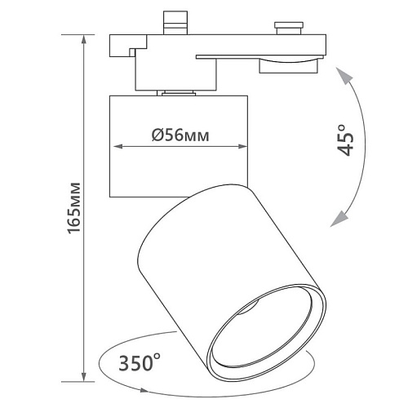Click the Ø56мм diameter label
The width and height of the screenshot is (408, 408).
(x=180, y=135)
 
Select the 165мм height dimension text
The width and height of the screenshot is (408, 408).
(x=74, y=208)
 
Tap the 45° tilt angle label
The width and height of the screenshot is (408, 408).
(x=346, y=140)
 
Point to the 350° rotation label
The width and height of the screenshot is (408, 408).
(x=140, y=362)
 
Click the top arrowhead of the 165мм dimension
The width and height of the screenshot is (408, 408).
(x=84, y=40)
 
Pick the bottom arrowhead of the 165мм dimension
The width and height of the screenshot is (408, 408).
(x=84, y=376)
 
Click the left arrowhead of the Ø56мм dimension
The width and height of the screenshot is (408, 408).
(x=118, y=147)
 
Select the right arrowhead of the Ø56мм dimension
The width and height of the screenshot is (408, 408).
(x=242, y=147)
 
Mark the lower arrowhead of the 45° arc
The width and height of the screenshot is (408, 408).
(x=339, y=220)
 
